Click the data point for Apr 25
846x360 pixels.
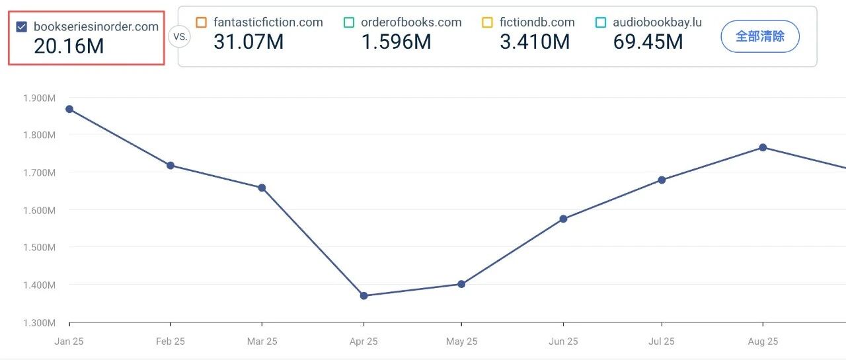click(364, 295)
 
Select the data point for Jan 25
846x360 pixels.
click(69, 109)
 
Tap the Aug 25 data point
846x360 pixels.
click(763, 147)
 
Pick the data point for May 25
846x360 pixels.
click(461, 284)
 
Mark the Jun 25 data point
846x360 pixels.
click(563, 219)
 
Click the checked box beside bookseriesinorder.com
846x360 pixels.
click(22, 27)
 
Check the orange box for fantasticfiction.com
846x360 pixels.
click(202, 22)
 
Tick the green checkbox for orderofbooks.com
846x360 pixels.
click(349, 22)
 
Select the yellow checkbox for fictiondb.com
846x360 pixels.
click(487, 22)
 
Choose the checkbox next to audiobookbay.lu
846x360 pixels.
click(600, 22)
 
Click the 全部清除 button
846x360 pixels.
click(760, 36)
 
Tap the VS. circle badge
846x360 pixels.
click(179, 36)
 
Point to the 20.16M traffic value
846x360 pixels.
click(69, 46)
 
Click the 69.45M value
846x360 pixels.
click(648, 42)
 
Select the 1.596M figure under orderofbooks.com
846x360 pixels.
click(396, 42)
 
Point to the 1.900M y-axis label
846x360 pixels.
click(39, 98)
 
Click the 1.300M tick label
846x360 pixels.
click(39, 323)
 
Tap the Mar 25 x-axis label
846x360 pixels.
click(262, 342)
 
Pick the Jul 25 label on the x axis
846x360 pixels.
click(662, 342)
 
